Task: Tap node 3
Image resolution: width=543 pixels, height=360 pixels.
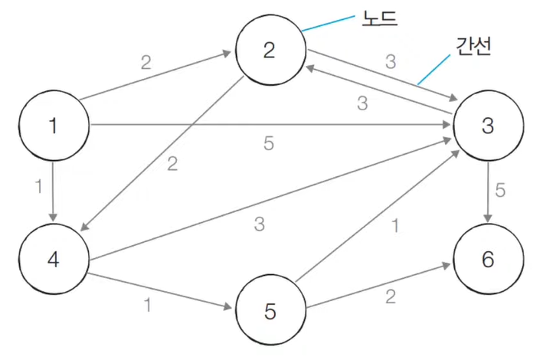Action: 488,126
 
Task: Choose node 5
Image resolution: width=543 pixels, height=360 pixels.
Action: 270,312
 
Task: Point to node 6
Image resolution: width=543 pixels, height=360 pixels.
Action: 488,259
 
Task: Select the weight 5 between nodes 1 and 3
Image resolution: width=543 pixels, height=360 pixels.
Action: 268,143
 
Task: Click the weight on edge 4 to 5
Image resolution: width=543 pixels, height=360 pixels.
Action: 146,303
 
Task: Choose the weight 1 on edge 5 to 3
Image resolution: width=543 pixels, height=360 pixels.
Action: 395,226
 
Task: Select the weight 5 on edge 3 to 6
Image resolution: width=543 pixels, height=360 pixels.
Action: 500,191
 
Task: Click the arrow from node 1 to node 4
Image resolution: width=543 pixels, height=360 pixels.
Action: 53,191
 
